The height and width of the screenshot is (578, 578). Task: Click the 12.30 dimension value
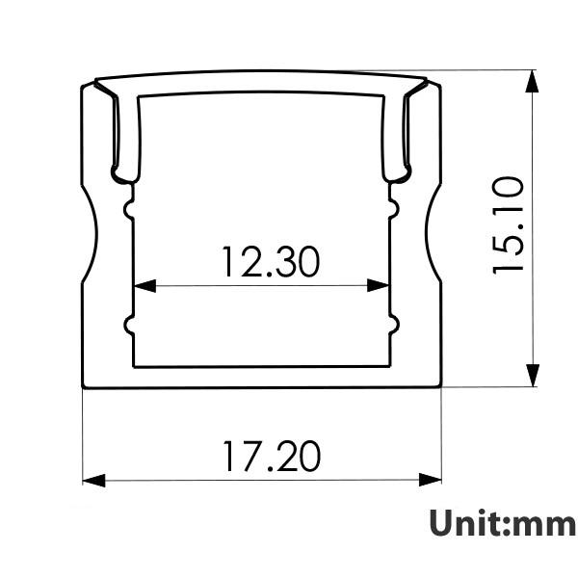click(x=270, y=261)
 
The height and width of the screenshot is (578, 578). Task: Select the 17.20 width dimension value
click(x=271, y=456)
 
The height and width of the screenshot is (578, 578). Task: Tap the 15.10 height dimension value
click(x=509, y=224)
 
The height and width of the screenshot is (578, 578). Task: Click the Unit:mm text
click(x=502, y=523)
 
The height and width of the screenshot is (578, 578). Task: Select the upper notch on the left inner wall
click(x=128, y=207)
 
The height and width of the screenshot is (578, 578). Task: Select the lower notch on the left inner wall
click(x=128, y=327)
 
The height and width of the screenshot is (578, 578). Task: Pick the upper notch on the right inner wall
click(x=394, y=207)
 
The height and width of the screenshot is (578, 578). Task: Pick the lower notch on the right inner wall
click(x=394, y=327)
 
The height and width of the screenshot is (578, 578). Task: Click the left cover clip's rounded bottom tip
click(x=123, y=176)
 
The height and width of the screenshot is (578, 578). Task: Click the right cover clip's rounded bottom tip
click(x=397, y=176)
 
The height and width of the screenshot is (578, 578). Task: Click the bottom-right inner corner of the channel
click(x=389, y=365)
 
